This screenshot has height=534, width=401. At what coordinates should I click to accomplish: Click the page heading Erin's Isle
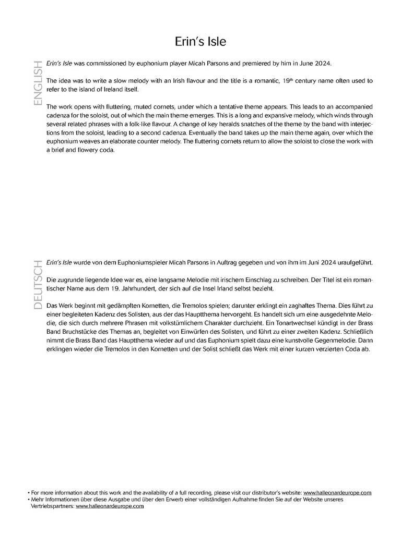click(x=200, y=41)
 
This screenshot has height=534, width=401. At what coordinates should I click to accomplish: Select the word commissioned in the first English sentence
click(x=107, y=63)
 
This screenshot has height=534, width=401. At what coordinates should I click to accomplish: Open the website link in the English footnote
click(x=337, y=492)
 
